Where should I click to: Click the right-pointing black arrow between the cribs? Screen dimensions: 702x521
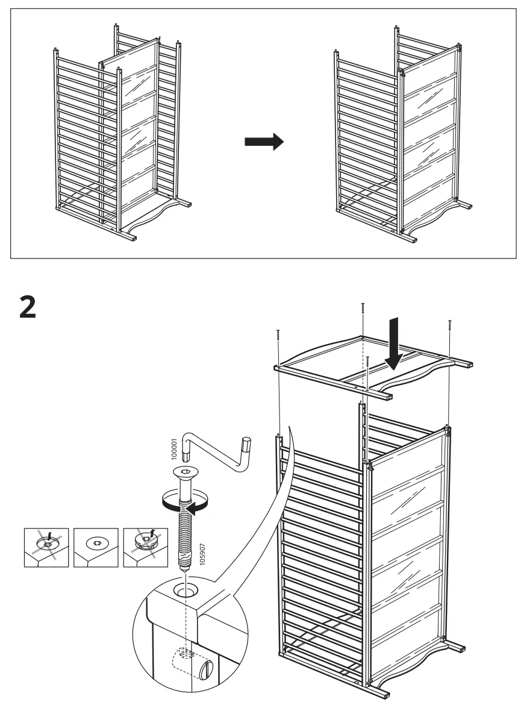click(263, 142)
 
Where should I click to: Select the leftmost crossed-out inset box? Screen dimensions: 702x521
click(47, 547)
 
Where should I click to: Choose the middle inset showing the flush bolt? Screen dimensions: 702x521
click(96, 547)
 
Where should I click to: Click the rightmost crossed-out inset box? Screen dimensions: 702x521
click(145, 547)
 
